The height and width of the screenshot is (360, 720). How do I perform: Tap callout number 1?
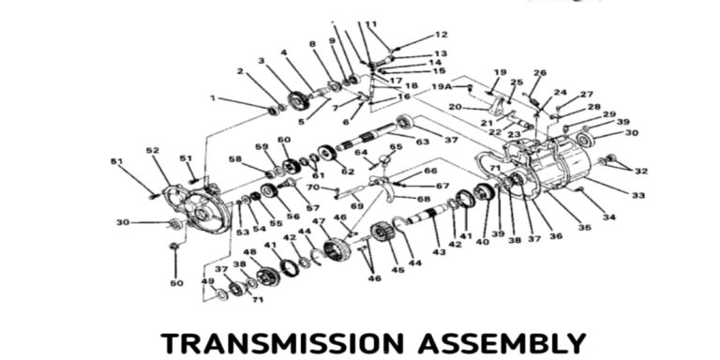click(213, 97)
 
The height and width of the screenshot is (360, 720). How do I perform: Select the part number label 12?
click(441, 35)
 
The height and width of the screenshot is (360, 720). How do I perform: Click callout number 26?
click(539, 73)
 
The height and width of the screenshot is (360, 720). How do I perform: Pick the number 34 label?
click(609, 217)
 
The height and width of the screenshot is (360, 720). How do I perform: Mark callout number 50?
click(176, 282)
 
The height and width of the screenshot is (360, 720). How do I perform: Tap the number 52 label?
click(152, 150)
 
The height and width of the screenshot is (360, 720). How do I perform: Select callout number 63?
click(422, 142)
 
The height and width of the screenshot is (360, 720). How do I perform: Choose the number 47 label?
click(319, 222)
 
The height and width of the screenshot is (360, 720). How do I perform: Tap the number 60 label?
click(283, 141)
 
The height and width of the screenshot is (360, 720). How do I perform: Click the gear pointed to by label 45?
click(380, 233)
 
